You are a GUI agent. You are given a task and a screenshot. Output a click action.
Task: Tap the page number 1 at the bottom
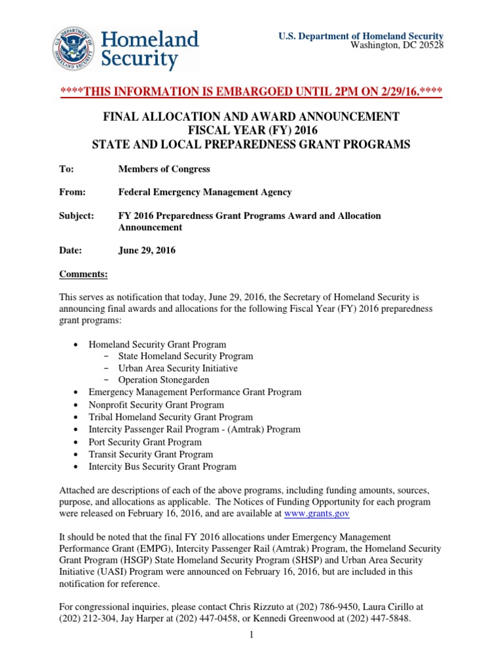(251, 635)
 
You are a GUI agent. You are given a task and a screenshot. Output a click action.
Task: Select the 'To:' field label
(66, 169)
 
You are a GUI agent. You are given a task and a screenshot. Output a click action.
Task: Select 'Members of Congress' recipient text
(164, 169)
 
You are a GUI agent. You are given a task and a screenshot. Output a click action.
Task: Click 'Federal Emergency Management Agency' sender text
(204, 192)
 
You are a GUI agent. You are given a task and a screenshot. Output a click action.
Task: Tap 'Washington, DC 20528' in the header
(397, 45)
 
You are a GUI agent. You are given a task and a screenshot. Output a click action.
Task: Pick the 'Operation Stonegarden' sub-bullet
(164, 380)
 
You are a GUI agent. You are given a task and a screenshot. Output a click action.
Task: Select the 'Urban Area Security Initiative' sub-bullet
(177, 368)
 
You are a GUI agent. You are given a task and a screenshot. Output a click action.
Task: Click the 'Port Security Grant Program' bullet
(145, 442)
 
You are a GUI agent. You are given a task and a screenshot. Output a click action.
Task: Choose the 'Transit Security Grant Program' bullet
(151, 455)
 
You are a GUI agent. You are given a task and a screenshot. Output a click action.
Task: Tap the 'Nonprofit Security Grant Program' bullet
(156, 405)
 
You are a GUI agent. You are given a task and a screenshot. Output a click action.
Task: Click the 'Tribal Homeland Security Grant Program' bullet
(170, 417)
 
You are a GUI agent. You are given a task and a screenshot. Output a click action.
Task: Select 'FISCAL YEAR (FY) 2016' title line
(251, 130)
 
